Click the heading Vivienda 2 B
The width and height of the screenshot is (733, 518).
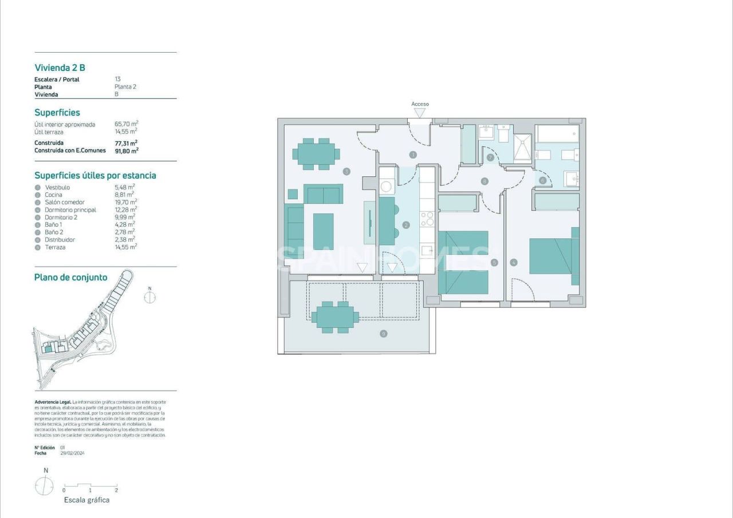[x=60, y=68]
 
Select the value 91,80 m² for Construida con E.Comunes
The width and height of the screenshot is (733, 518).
[x=127, y=151]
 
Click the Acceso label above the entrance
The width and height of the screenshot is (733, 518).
[x=420, y=104]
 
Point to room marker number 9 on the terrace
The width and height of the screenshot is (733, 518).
[x=383, y=334]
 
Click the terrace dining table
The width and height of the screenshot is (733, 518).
[x=335, y=317]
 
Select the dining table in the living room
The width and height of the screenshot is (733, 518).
[x=316, y=153]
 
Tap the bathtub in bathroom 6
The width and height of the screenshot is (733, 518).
[x=557, y=135]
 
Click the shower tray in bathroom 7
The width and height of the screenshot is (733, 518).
[x=521, y=148]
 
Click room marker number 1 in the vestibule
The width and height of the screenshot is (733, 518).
[x=413, y=155]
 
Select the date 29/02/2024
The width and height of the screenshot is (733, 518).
[x=72, y=453]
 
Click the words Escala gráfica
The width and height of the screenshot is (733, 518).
[x=86, y=500]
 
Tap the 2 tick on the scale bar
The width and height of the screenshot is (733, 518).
[x=116, y=490]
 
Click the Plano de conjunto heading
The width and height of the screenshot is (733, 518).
[x=71, y=278]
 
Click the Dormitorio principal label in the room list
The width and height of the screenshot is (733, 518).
[x=70, y=210]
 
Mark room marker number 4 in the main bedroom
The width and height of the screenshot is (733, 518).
[x=514, y=263]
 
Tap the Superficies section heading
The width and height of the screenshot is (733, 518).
[x=57, y=113]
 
